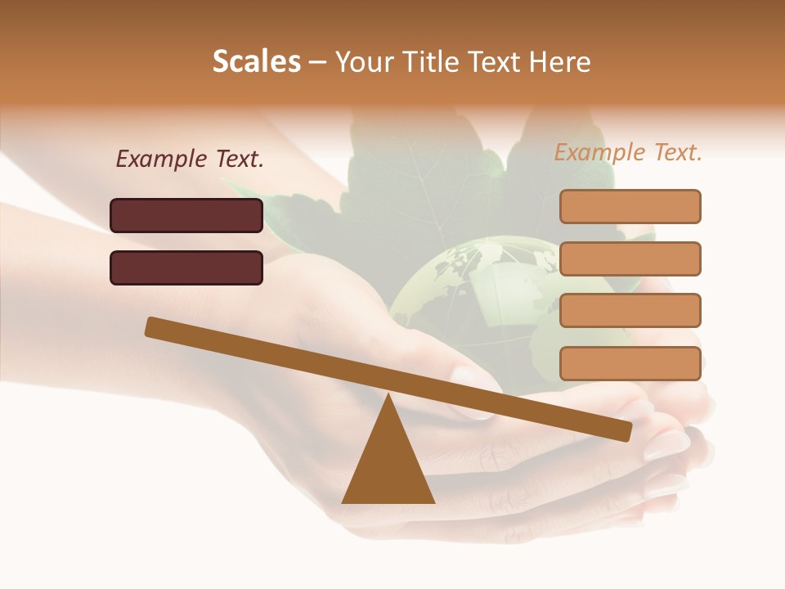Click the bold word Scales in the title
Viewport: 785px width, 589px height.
[x=256, y=62]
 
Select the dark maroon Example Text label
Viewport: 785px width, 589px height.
[x=190, y=160]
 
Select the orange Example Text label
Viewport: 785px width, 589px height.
[x=628, y=152]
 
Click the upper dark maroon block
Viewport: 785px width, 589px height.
[x=186, y=215]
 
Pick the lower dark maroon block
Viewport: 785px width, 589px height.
[x=186, y=268]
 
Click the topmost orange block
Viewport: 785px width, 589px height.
[x=630, y=206]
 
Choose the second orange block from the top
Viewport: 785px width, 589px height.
[x=630, y=259]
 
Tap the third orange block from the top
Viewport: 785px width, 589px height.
[x=630, y=311]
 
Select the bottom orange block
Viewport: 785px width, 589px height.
[x=630, y=363]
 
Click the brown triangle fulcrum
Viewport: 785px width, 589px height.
[x=388, y=466]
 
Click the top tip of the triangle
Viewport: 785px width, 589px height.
[x=388, y=397]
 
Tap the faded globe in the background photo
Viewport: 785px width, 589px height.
[x=466, y=286]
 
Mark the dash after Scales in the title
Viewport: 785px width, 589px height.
[x=318, y=62]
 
